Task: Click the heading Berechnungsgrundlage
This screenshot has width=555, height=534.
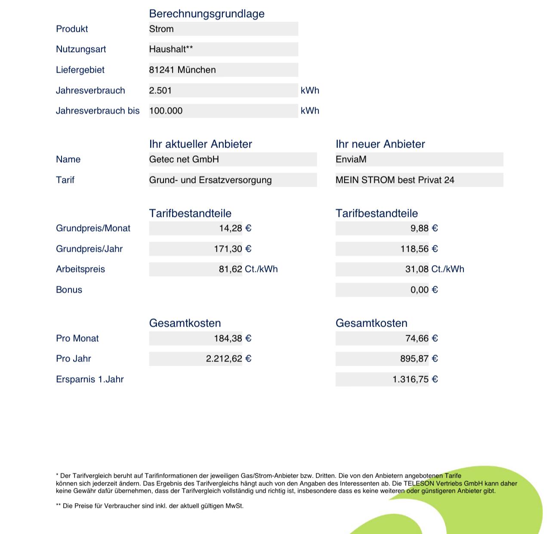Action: pyautogui.click(x=207, y=14)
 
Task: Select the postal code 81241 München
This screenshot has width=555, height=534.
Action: pyautogui.click(x=182, y=70)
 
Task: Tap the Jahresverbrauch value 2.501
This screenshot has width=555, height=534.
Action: pyautogui.click(x=160, y=90)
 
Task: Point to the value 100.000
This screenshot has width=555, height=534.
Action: pyautogui.click(x=166, y=111)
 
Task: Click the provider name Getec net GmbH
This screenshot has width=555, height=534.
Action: pyautogui.click(x=184, y=159)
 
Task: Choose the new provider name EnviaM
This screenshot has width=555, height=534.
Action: pyautogui.click(x=351, y=159)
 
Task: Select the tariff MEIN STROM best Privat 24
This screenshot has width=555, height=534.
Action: pyautogui.click(x=395, y=180)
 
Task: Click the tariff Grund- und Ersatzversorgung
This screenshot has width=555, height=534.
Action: pyautogui.click(x=210, y=180)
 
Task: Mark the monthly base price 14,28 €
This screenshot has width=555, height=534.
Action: pyautogui.click(x=235, y=228)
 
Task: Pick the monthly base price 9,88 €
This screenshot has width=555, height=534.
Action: pyautogui.click(x=424, y=228)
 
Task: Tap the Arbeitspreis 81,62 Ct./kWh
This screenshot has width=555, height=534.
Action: pyautogui.click(x=248, y=269)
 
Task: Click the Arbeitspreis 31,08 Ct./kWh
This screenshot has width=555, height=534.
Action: pyautogui.click(x=435, y=269)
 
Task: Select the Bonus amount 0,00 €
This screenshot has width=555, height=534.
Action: pyautogui.click(x=424, y=290)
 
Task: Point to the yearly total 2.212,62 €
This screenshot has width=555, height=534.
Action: pyautogui.click(x=228, y=359)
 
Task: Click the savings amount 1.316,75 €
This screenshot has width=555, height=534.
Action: pyautogui.click(x=415, y=380)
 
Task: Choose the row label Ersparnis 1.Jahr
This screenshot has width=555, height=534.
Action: pyautogui.click(x=90, y=380)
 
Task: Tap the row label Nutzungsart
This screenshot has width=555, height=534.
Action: pyautogui.click(x=81, y=49)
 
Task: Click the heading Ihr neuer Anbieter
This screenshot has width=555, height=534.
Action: pyautogui.click(x=380, y=144)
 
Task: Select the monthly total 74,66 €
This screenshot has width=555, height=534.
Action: pyautogui.click(x=421, y=339)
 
